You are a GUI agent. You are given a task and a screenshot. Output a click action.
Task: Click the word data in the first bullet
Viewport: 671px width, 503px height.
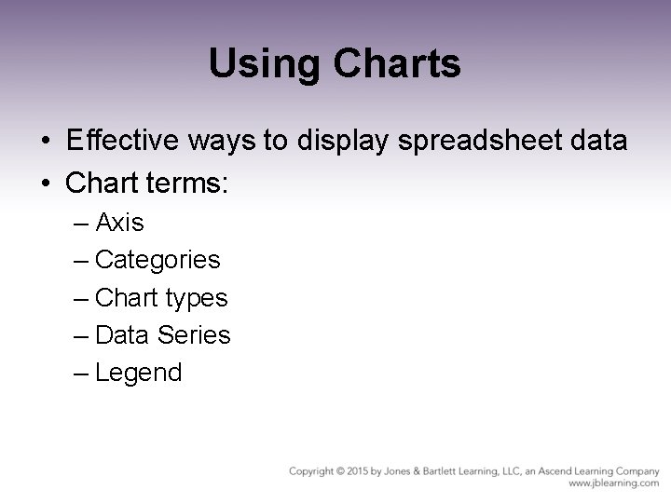tap(597, 142)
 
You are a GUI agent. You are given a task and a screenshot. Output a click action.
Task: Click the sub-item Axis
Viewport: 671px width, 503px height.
tap(119, 224)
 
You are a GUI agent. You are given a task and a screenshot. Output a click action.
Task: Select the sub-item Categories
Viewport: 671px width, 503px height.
tap(157, 260)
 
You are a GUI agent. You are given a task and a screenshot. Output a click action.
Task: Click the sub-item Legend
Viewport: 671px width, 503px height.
tap(139, 373)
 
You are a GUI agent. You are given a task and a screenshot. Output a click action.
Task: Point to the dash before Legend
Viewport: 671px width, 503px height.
tap(80, 373)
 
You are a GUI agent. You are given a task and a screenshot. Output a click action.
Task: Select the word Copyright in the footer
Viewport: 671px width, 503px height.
tap(313, 471)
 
